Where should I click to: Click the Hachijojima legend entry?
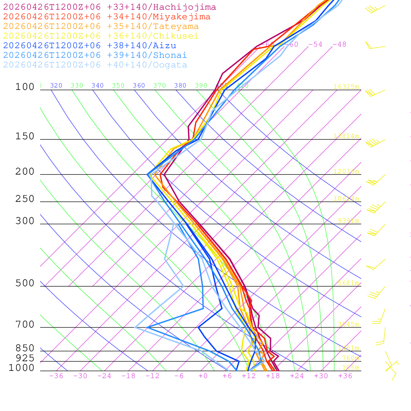pos(110,7)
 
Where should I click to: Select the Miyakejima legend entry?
pos(107,17)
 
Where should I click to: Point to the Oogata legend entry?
pos(95,65)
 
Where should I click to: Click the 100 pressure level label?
pos(25,87)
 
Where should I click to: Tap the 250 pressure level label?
pos(25,199)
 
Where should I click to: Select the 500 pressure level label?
pos(25,283)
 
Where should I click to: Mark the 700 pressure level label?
pos(25,325)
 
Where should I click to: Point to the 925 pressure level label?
pos(25,358)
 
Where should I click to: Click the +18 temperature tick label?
pos(273,376)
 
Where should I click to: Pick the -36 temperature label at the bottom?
pos(56,376)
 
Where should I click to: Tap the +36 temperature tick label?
pos(345,376)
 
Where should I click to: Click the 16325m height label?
pos(346,87)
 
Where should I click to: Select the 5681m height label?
pos(348,283)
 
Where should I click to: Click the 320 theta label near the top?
pos(56,85)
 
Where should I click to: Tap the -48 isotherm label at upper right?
pos(339,45)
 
